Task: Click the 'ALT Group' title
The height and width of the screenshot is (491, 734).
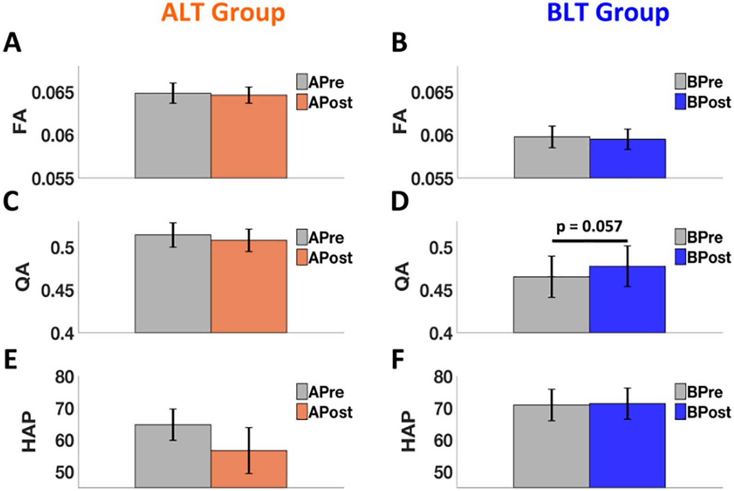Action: (x=223, y=13)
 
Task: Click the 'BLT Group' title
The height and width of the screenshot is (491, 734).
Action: (x=607, y=13)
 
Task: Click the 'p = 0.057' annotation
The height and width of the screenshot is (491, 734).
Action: (x=589, y=226)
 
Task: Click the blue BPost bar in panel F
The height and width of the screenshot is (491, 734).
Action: (x=627, y=445)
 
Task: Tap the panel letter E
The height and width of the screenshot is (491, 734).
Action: (x=11, y=361)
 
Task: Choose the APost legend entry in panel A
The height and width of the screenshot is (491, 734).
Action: (x=325, y=102)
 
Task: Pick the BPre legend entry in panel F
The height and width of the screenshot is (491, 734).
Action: (x=699, y=392)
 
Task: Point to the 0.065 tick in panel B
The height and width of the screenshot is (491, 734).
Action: (x=432, y=93)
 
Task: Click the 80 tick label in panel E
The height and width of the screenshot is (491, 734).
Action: (x=64, y=377)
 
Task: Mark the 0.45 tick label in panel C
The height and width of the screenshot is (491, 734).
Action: (x=57, y=291)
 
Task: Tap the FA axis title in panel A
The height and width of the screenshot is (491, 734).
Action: (x=20, y=121)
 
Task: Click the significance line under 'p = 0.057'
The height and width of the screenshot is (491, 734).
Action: (x=589, y=240)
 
